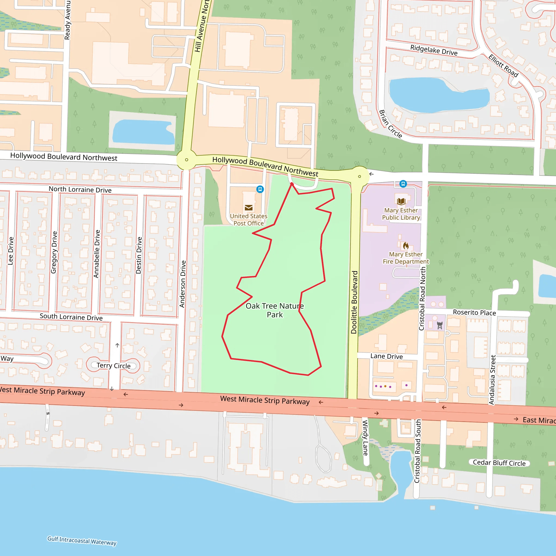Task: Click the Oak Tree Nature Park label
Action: point(274,310)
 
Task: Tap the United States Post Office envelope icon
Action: point(249,207)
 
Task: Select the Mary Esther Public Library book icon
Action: point(401,201)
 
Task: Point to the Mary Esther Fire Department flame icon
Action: point(406,245)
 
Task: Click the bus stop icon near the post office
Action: point(260,189)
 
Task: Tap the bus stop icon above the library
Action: point(403,184)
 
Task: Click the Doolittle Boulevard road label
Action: point(354,302)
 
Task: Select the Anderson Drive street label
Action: point(182,284)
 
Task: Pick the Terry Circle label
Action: point(113,365)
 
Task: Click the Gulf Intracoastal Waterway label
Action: point(82,541)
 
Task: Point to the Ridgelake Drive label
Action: point(434,50)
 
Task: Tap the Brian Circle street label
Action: point(390,124)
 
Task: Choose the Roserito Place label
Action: point(474,312)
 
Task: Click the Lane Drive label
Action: point(387,356)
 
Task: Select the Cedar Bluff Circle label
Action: point(499,463)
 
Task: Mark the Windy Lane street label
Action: point(365,438)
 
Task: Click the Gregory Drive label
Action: point(54,252)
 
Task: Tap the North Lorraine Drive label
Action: point(80,189)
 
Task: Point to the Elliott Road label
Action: point(503,66)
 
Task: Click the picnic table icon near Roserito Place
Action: point(440,326)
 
